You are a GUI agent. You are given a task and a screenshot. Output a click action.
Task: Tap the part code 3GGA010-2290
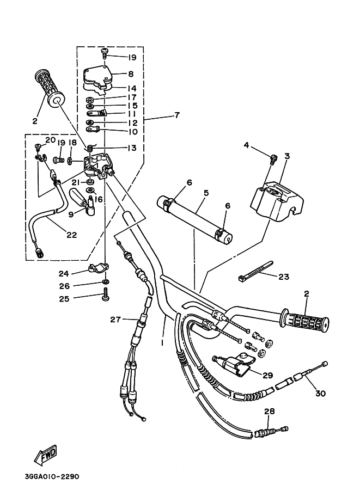(52, 476)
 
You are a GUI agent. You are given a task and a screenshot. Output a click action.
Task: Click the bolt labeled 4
(274, 158)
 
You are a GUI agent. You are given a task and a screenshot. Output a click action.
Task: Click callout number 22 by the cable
(71, 235)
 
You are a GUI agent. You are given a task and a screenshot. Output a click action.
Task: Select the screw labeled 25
(105, 297)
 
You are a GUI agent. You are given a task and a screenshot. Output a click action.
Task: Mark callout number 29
(267, 375)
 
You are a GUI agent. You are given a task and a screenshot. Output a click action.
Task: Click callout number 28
(268, 412)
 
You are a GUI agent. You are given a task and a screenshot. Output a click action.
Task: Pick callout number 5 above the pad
(206, 192)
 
